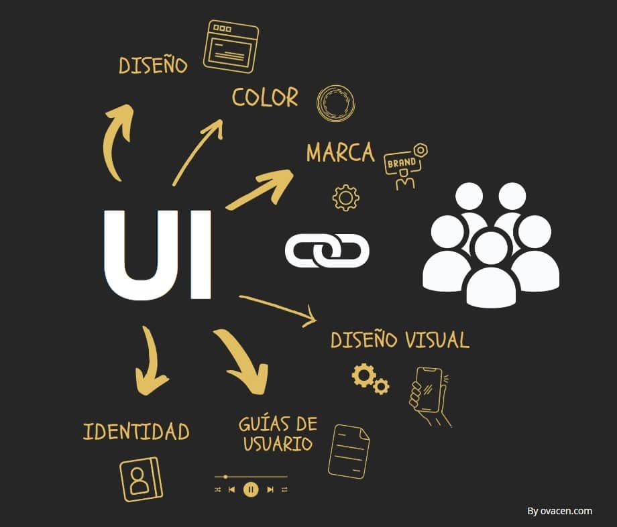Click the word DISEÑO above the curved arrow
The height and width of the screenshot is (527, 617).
click(x=153, y=65)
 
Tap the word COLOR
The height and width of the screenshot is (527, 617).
click(x=265, y=97)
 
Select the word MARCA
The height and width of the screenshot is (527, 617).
click(x=341, y=153)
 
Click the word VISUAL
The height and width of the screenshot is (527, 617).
click(x=437, y=340)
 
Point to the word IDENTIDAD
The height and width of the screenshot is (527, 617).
click(x=136, y=431)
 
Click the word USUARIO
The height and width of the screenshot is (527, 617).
click(x=278, y=444)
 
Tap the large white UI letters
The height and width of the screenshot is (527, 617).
click(x=158, y=255)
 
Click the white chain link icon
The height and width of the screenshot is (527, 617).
click(x=327, y=251)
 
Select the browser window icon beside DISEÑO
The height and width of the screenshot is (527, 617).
click(x=231, y=47)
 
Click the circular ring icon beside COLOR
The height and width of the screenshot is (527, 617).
click(x=335, y=103)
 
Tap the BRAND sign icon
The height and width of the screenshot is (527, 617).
click(x=406, y=166)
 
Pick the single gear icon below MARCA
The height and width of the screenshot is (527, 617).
click(x=345, y=198)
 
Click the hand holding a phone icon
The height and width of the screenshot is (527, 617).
click(x=430, y=396)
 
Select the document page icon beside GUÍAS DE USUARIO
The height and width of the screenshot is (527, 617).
click(x=349, y=451)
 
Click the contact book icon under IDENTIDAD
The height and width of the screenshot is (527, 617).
click(x=141, y=479)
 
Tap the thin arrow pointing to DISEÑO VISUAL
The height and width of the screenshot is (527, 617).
click(x=278, y=311)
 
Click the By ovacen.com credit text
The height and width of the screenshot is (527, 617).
click(x=559, y=511)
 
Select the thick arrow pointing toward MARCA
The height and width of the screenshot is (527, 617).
click(x=260, y=189)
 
